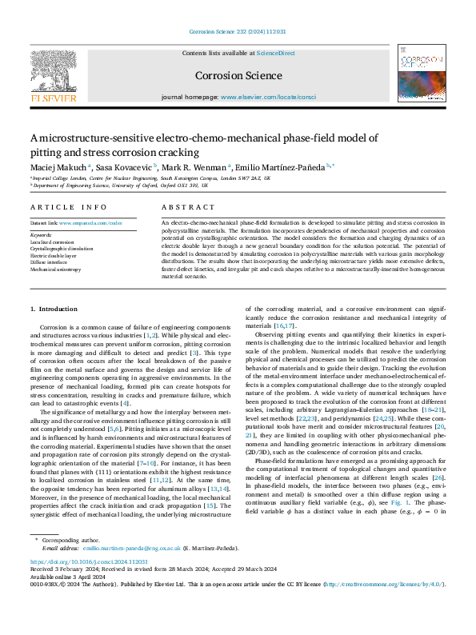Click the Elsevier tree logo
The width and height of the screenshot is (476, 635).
(x=54, y=76)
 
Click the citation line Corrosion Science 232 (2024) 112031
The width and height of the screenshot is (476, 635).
(x=238, y=33)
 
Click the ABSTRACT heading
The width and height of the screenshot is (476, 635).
(x=183, y=207)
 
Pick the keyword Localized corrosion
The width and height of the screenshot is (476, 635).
(x=51, y=242)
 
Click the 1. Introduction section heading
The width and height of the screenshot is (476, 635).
(x=54, y=309)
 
